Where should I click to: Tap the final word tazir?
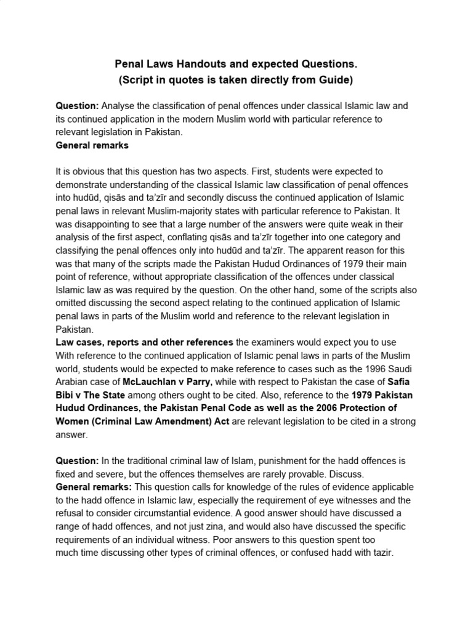coord(374,553)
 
